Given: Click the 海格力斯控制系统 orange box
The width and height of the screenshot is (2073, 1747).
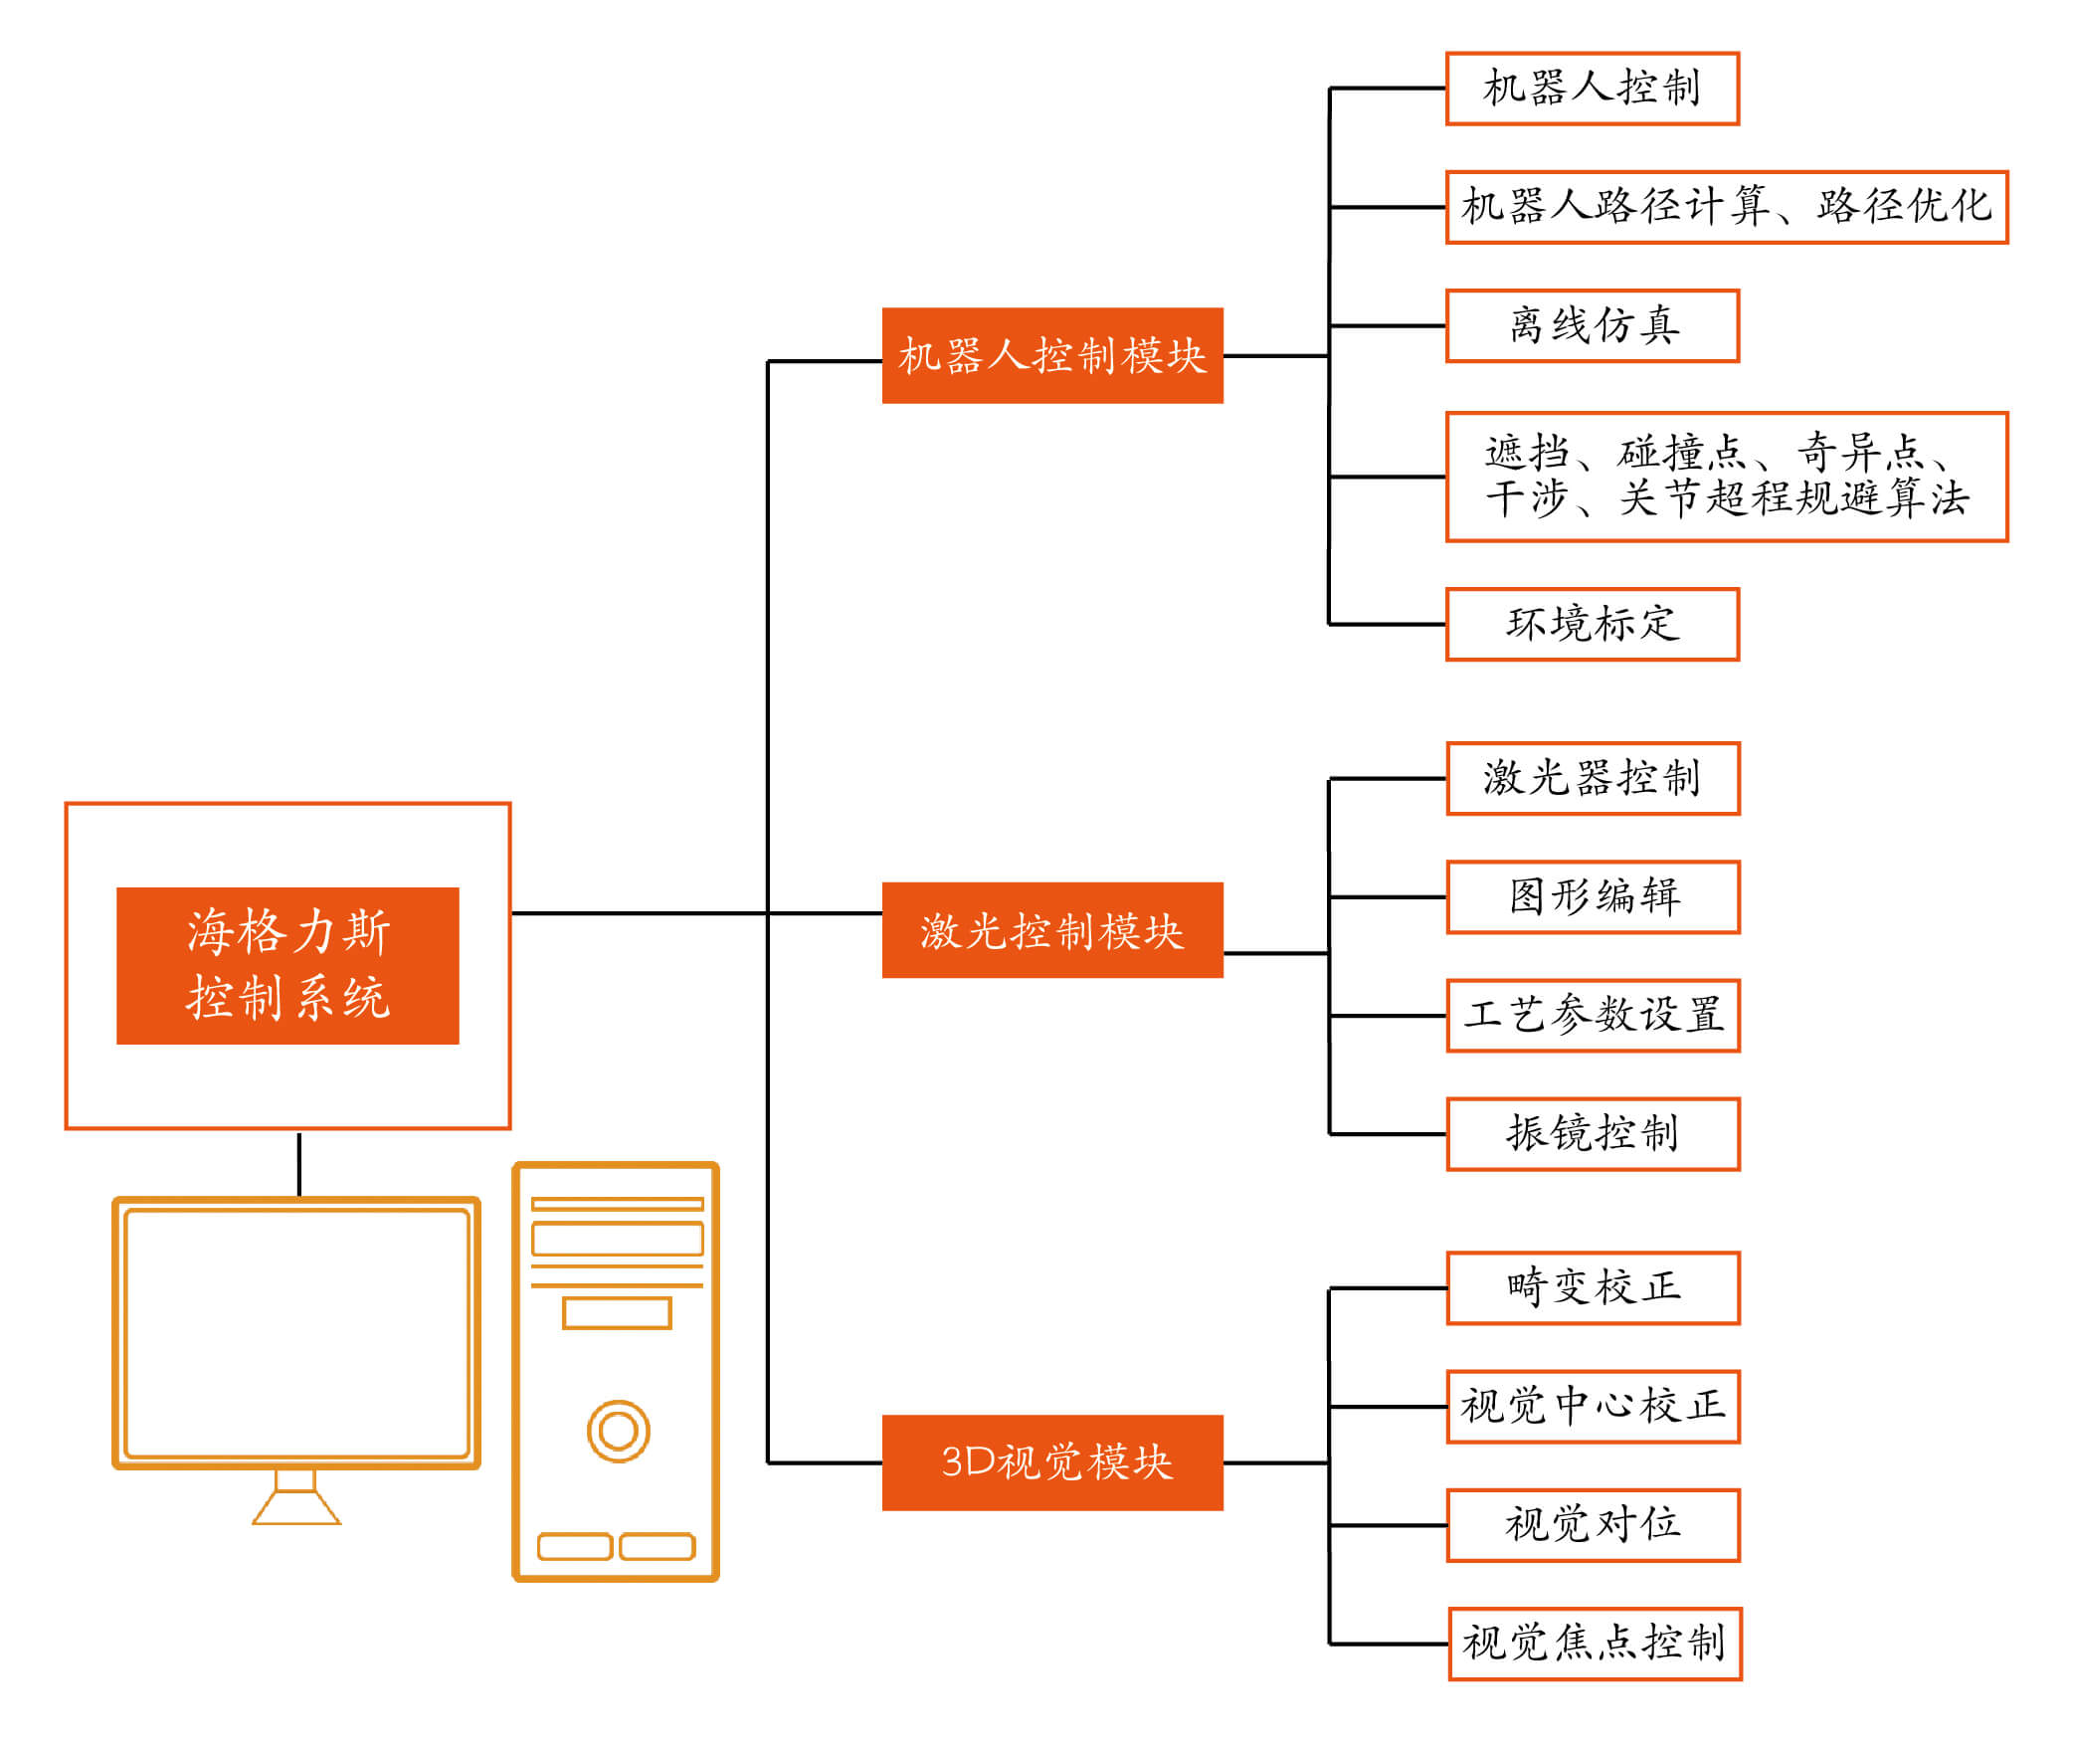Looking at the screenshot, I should point(287,964).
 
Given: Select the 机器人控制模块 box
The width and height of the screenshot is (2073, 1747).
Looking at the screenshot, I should point(1051,355).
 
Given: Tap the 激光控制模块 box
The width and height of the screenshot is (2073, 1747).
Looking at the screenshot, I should point(1051,929).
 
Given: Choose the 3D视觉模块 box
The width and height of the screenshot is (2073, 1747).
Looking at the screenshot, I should point(1051,1461).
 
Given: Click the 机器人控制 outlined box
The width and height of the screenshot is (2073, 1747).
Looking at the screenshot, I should point(1592,89).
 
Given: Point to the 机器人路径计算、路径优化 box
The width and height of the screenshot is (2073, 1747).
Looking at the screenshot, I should point(1726,207).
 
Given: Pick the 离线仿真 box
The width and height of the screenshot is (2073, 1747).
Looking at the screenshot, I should point(1592,325).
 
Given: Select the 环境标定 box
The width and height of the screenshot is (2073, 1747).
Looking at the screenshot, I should point(1592,624).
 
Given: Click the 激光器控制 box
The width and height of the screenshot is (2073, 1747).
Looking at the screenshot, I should point(1593,778).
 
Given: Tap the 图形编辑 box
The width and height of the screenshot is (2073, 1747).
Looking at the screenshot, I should point(1593,896).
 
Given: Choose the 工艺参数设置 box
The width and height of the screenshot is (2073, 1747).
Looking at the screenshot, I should point(1593,1015).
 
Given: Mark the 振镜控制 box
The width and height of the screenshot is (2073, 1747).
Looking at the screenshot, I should point(1593,1133).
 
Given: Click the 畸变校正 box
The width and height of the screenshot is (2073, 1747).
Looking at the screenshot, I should point(1593,1287).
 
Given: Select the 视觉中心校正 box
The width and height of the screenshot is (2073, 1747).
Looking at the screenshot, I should point(1593,1406).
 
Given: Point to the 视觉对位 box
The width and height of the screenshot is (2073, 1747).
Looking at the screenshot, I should point(1593,1524).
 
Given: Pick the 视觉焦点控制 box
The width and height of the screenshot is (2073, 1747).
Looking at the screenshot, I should point(1595,1643).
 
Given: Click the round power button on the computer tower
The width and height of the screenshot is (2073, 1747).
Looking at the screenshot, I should point(618,1431).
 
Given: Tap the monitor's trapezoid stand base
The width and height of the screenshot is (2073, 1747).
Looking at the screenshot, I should point(296,1508).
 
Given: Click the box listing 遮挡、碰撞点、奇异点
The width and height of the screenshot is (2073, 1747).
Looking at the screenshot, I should point(1726,477).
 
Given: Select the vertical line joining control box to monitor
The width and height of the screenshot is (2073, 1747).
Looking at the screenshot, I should point(298,1163).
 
